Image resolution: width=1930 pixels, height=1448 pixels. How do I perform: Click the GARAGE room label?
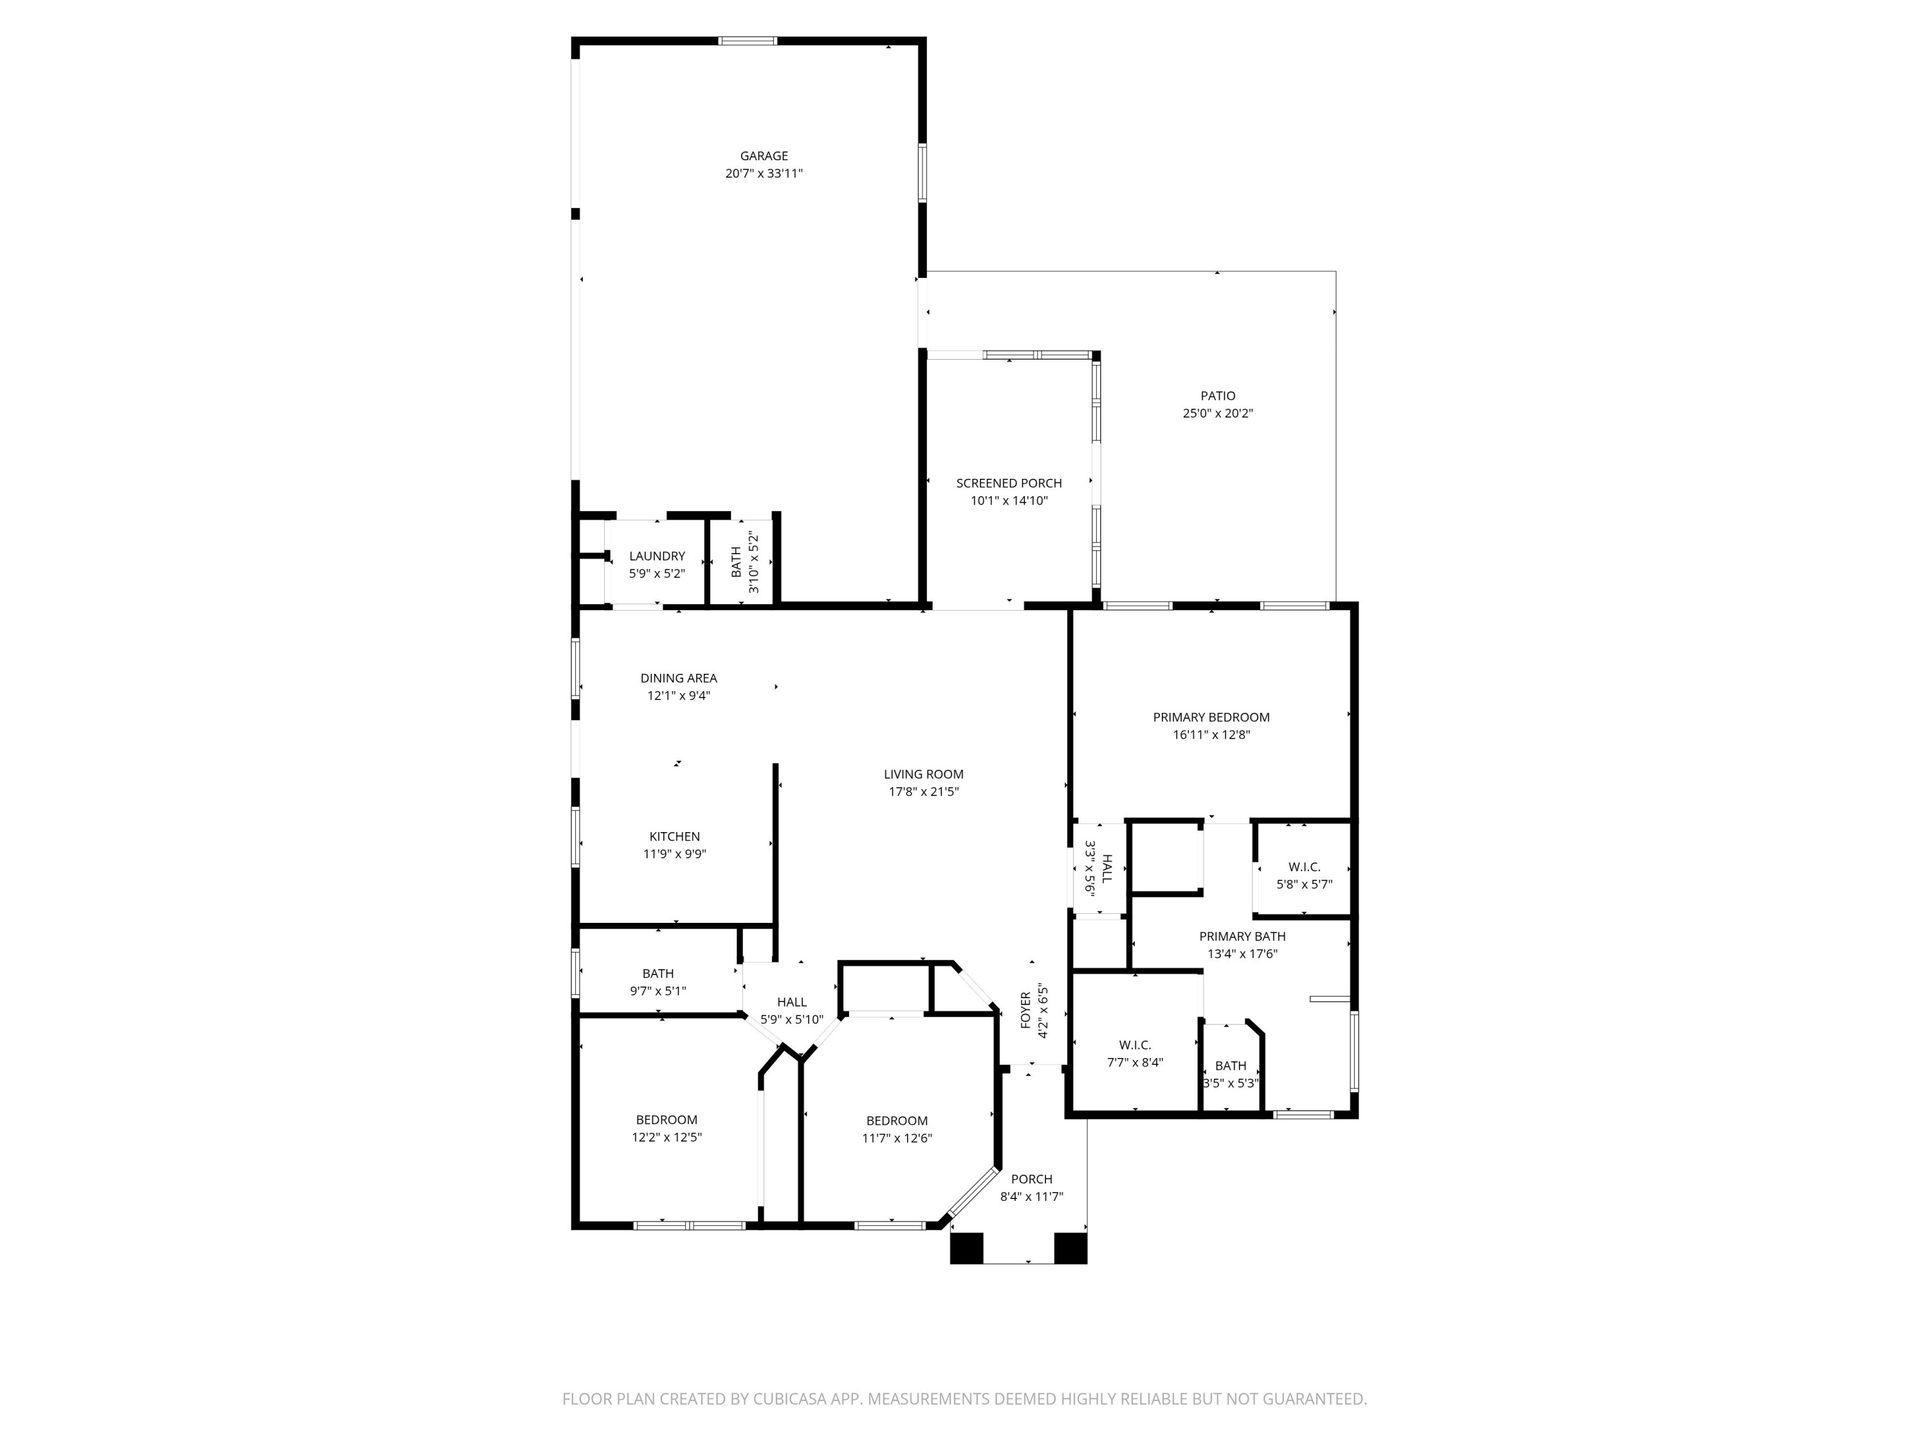click(764, 156)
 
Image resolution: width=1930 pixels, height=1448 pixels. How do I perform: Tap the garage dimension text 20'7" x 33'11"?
click(764, 174)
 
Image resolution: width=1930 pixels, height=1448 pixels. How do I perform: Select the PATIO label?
click(1217, 396)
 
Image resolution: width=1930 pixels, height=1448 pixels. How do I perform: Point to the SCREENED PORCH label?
click(1009, 483)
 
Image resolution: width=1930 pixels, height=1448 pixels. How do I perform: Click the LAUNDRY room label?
click(657, 556)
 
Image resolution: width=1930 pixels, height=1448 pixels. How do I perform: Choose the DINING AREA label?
click(678, 678)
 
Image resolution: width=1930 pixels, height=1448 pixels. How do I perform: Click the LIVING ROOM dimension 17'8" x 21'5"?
click(923, 792)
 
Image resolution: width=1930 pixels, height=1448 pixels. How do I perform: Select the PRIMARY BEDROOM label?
click(1211, 718)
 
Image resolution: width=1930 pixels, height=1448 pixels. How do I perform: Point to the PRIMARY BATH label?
click(1242, 936)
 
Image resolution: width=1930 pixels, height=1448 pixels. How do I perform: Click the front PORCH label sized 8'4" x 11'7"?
click(1031, 1179)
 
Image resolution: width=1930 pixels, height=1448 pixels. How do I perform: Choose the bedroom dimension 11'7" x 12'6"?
click(897, 1139)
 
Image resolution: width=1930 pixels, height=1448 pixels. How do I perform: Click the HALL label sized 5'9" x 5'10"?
click(791, 1003)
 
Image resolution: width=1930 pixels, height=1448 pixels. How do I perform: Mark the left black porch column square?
click(966, 1248)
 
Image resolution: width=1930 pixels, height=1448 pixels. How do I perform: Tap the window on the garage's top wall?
click(747, 40)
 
